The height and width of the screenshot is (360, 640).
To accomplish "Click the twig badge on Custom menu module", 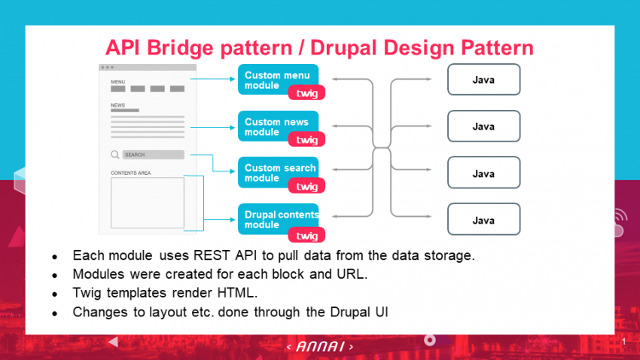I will [x=306, y=93].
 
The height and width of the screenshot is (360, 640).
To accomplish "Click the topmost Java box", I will [x=483, y=80].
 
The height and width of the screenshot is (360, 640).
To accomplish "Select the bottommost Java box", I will [x=483, y=219].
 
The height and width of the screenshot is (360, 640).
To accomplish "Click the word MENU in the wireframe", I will [x=118, y=81].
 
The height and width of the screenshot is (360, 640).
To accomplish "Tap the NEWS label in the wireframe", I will [x=117, y=105].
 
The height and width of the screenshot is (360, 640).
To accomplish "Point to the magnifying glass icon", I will [x=115, y=154].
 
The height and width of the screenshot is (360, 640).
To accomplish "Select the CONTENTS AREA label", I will [x=131, y=172].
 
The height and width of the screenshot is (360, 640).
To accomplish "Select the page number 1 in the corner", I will [x=624, y=343].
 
